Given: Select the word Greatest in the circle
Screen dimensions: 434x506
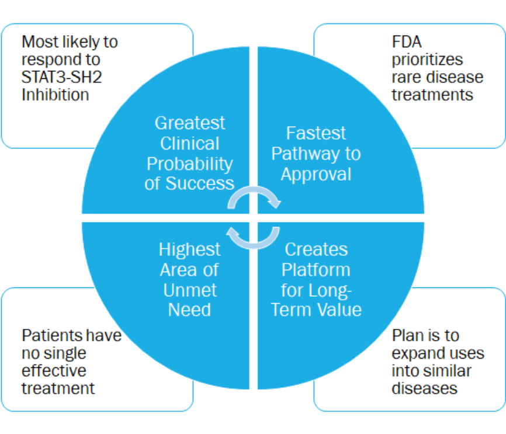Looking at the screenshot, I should (189, 123).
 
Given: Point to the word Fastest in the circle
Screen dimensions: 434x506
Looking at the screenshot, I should (316, 133).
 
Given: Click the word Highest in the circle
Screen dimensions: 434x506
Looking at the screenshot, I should (189, 249).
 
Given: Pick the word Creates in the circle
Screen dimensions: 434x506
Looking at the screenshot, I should (316, 249).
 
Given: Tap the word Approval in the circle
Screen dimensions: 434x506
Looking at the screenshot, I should (316, 174).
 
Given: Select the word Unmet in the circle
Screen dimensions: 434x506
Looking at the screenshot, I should (189, 290).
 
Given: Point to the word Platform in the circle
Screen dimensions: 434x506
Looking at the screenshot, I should (316, 270).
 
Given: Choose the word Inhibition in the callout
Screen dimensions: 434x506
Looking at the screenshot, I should (56, 95).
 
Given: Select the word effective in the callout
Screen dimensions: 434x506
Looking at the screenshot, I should (54, 371).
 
